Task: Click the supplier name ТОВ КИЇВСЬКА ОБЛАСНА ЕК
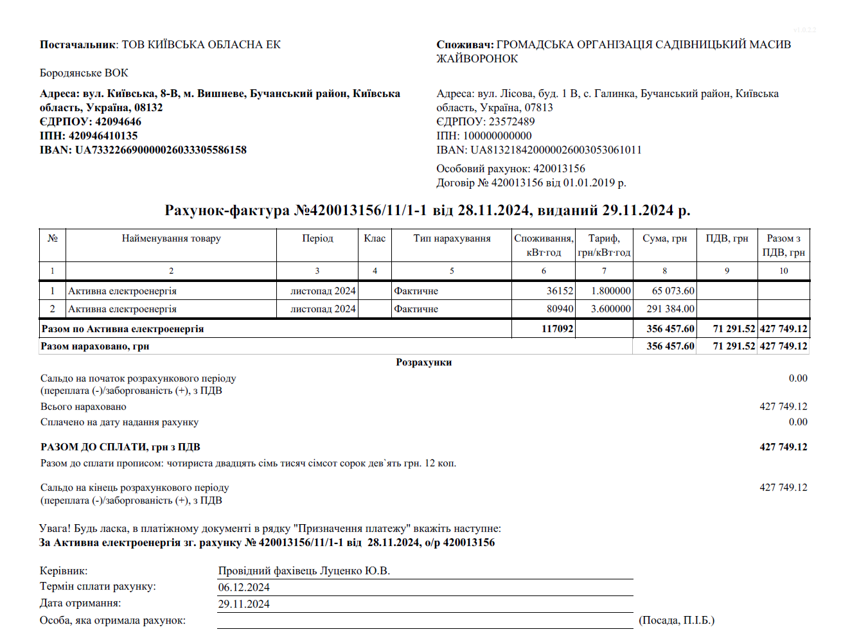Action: point(201,45)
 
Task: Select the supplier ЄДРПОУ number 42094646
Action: point(118,122)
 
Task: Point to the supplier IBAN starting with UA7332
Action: point(161,150)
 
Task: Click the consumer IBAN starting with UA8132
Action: point(556,150)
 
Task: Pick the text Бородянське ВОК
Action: point(84,73)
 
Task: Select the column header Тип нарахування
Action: point(452,239)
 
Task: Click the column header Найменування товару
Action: point(172,239)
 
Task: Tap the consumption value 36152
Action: point(560,291)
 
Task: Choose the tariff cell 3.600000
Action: point(610,309)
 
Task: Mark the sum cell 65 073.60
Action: point(673,291)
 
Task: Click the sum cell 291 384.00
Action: point(670,309)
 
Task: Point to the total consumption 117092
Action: point(557,329)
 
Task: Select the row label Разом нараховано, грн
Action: point(95,346)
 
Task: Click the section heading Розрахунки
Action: point(423,363)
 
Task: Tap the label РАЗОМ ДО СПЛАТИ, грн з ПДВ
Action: point(120,447)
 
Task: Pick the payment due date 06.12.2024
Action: point(244,588)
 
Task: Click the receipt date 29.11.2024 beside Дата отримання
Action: point(244,604)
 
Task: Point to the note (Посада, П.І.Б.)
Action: point(677,621)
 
